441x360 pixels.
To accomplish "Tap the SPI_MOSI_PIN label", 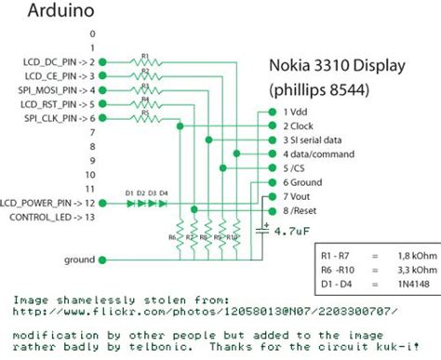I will (49, 90).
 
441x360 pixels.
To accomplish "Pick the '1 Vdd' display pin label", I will (298, 109).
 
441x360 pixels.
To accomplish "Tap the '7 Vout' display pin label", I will (300, 197).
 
